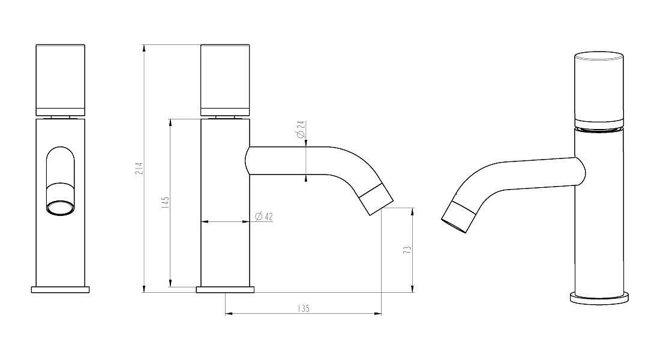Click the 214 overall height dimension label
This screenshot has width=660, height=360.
point(140,169)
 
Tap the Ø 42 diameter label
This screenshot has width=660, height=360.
point(264,217)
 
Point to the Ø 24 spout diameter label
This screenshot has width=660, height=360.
point(301,129)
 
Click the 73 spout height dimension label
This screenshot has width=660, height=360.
point(407,250)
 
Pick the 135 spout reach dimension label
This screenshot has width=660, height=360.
point(303,308)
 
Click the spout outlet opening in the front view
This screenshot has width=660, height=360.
point(61,208)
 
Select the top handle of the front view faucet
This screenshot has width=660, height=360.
point(61,80)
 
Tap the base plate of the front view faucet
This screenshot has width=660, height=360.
point(61,290)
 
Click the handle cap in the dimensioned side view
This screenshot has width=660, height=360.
point(225,80)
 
